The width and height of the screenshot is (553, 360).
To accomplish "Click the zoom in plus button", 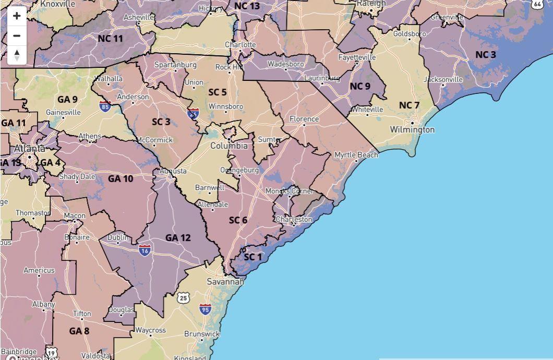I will pos(17,16).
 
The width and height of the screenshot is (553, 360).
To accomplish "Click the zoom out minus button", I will pos(17,35).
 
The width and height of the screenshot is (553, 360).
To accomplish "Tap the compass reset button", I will pos(17,55).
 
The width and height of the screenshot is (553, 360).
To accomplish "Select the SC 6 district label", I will pos(238,220).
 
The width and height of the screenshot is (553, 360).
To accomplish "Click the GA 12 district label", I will pos(178,238).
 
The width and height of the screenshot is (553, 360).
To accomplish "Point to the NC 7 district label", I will pos(409,105).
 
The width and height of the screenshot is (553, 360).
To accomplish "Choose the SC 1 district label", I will pos(253,257).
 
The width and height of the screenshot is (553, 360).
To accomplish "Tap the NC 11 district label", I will pos(110,39).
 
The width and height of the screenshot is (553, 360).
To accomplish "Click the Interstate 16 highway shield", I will pos(145,250).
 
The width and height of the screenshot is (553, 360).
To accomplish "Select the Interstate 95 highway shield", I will pos(205,309).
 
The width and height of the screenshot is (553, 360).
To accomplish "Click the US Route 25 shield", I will pos(183,298).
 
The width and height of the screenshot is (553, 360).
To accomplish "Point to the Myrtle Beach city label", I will pos(356,155).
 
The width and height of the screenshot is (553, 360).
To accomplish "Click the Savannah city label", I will pos(225,282).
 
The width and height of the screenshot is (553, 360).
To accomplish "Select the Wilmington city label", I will pos(412,129).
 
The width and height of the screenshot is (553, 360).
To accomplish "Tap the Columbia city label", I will pos(229,146).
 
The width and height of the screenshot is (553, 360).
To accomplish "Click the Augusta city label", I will pos(173,171).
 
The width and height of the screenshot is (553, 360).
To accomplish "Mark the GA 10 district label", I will pos(121,178).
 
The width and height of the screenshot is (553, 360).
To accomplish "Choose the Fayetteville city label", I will pos(357,57).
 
